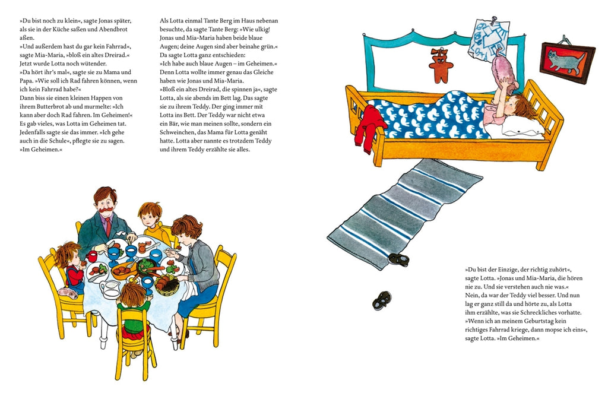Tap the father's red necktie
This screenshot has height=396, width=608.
pyautogui.click(x=108, y=226)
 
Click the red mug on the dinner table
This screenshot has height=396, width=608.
pyautogui.click(x=91, y=256)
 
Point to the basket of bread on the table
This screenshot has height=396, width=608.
pyautogui.click(x=167, y=284)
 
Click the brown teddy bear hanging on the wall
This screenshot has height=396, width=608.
pyautogui.click(x=441, y=65)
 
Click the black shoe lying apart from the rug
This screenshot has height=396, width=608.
pyautogui.click(x=381, y=300)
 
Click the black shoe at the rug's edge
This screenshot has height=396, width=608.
pyautogui.click(x=398, y=259)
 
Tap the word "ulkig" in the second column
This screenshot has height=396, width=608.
pyautogui.click(x=262, y=30)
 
